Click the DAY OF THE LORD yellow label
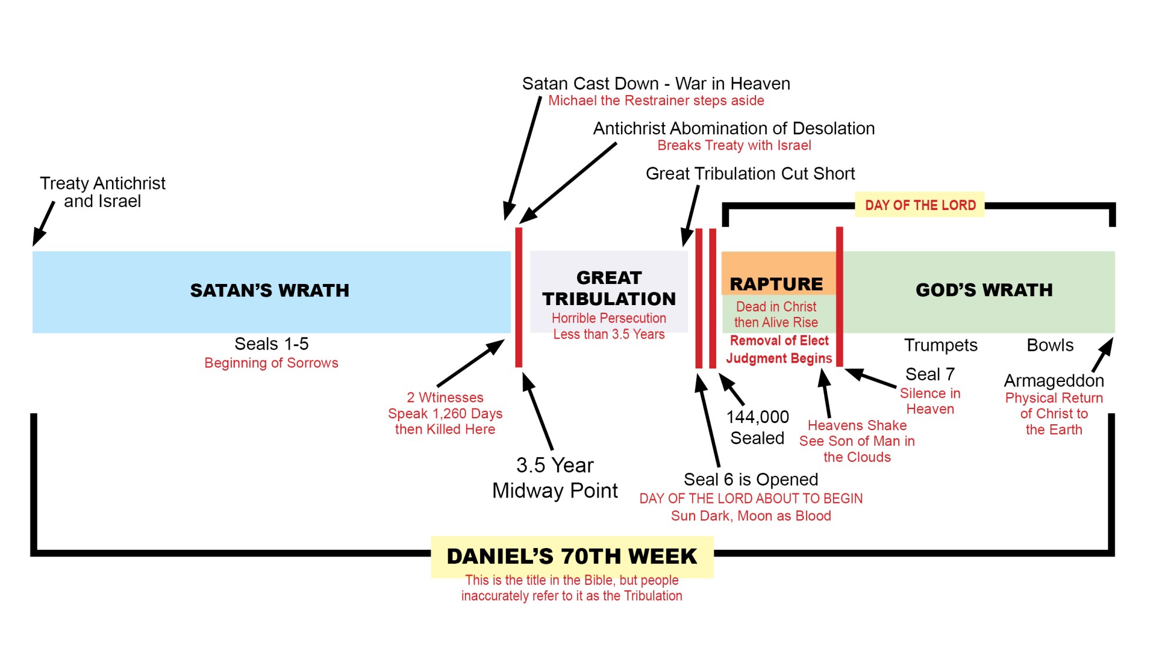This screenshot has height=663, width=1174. click(920, 205)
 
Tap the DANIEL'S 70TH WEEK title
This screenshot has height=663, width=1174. click(572, 556)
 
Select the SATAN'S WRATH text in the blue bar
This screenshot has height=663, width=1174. click(269, 290)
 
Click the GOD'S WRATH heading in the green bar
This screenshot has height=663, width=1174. click(984, 290)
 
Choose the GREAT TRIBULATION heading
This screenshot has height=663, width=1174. click(609, 288)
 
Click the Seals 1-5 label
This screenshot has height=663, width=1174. click(271, 344)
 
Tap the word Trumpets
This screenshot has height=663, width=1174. click(940, 345)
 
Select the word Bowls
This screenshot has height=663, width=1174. click(1050, 345)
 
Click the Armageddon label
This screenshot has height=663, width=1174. click(1054, 381)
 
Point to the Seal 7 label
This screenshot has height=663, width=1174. click(930, 374)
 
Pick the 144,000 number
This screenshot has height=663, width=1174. click(757, 417)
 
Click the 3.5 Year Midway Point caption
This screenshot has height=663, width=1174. click(555, 478)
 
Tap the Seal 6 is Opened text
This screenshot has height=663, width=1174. click(751, 480)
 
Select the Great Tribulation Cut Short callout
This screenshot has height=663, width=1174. click(750, 174)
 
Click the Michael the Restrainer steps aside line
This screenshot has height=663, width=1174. click(656, 101)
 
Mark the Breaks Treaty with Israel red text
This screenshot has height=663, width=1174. click(734, 146)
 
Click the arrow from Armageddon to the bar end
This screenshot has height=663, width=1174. click(1102, 354)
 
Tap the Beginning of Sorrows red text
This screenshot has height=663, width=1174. click(271, 363)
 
